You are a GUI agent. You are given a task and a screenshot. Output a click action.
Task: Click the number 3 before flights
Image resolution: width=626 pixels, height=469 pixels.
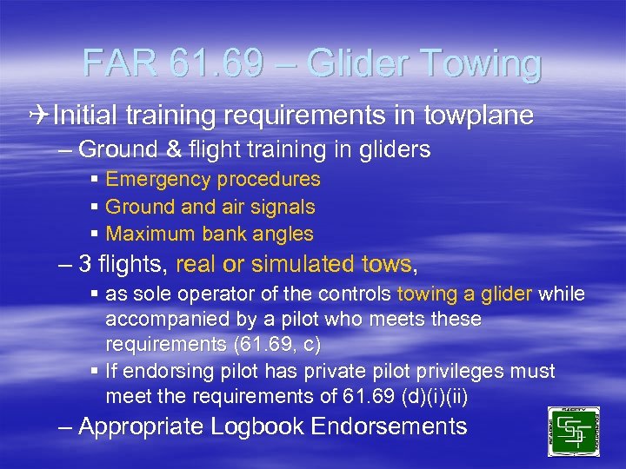[x=85, y=264]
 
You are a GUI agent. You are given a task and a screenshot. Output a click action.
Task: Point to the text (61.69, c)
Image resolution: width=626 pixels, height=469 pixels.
[x=276, y=344]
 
